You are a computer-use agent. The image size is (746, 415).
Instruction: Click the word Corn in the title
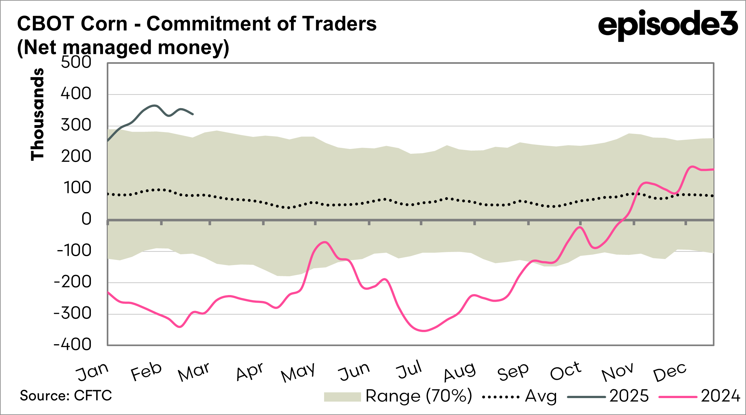pyautogui.click(x=104, y=24)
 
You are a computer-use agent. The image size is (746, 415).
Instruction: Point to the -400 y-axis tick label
pyautogui.click(x=73, y=345)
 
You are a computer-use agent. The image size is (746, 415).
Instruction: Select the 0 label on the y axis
pyautogui.click(x=86, y=219)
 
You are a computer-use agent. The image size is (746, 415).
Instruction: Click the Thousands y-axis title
pyautogui.click(x=37, y=114)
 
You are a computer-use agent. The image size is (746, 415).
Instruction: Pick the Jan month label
pyautogui.click(x=92, y=372)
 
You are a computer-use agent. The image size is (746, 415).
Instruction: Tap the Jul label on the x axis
pyautogui.click(x=409, y=370)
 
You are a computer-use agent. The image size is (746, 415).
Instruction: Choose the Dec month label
pyautogui.click(x=670, y=372)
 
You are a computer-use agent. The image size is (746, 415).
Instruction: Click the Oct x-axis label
pyautogui.click(x=566, y=371)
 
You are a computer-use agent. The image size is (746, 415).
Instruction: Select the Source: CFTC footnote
pyautogui.click(x=66, y=396)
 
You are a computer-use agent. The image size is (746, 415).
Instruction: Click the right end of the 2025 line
pyautogui.click(x=193, y=114)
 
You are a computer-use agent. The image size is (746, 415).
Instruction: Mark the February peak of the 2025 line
pyautogui.click(x=155, y=105)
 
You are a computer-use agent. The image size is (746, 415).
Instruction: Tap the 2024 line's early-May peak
pyautogui.click(x=325, y=242)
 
